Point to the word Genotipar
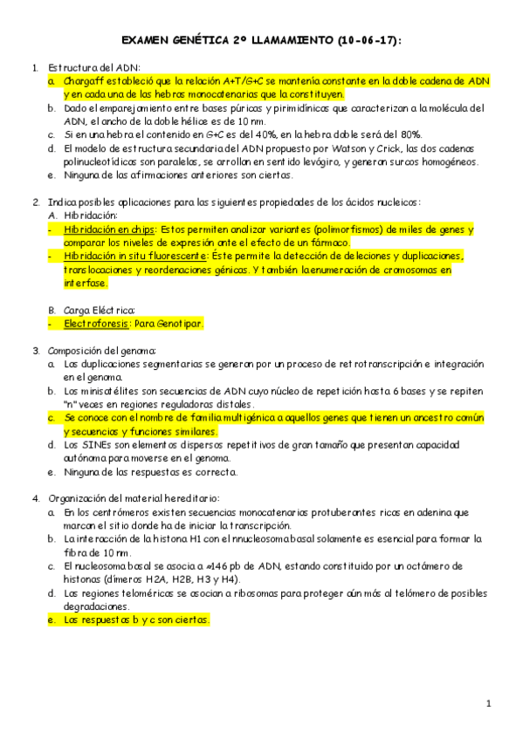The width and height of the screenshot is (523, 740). (x=178, y=323)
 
